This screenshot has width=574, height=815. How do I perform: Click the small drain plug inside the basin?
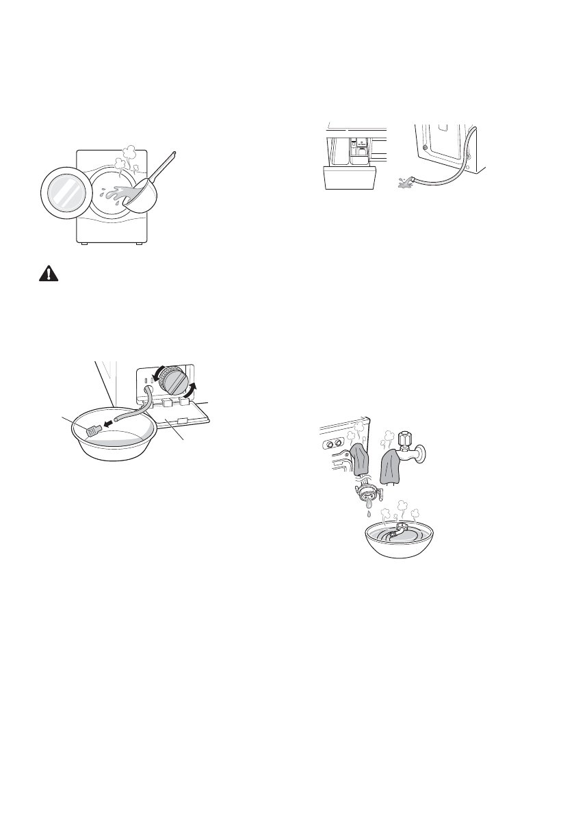[x=92, y=430]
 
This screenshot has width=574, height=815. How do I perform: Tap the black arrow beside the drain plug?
[x=107, y=424]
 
